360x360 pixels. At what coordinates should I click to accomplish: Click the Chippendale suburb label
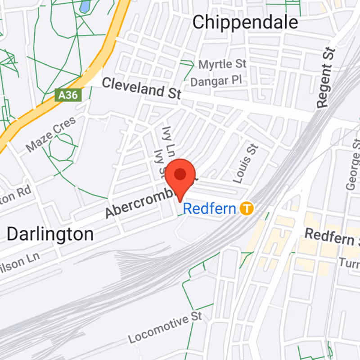[245, 22]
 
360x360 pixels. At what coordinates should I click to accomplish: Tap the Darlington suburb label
[50, 234]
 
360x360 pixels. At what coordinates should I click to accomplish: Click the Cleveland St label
[141, 88]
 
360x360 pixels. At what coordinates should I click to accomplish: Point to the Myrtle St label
[222, 65]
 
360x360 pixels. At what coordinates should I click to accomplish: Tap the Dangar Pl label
[216, 81]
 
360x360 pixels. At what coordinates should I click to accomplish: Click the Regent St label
[326, 77]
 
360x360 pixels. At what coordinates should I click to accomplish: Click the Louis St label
[245, 163]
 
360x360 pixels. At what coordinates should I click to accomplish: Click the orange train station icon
[246, 208]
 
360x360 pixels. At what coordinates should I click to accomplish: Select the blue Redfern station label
[210, 209]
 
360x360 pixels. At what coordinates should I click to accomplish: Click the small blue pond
[84, 6]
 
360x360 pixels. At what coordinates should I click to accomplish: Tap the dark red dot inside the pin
[180, 174]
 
